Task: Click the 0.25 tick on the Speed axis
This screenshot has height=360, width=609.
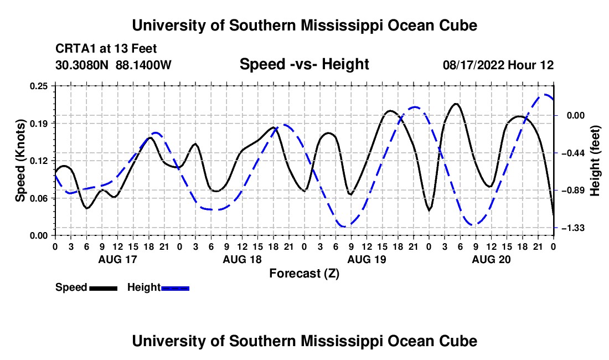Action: click(x=38, y=86)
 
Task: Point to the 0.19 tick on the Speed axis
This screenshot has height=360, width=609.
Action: click(x=38, y=124)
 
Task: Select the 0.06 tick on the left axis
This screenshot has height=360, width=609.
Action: click(x=38, y=198)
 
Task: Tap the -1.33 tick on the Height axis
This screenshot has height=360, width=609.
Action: click(x=572, y=228)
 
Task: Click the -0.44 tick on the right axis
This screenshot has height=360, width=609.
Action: click(x=572, y=153)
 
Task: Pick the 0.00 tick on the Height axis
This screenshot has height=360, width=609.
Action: click(x=575, y=116)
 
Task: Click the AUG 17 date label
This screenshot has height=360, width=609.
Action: click(x=118, y=259)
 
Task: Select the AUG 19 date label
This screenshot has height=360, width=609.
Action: click(x=367, y=259)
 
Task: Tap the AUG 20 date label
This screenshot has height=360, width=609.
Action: click(x=491, y=259)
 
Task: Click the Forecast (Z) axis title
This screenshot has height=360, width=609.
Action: click(x=304, y=274)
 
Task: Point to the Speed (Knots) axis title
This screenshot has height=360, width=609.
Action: click(x=20, y=161)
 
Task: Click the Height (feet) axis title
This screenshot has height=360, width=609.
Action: click(x=595, y=161)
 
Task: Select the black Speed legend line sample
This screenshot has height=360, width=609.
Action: click(x=104, y=288)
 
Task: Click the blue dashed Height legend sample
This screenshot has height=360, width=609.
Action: click(x=175, y=288)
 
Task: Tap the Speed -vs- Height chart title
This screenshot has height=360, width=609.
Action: click(x=304, y=64)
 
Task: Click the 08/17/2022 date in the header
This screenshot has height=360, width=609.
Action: click(x=473, y=65)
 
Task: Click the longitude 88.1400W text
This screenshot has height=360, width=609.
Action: click(x=143, y=65)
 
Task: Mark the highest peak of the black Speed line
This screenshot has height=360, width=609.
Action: click(x=456, y=104)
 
